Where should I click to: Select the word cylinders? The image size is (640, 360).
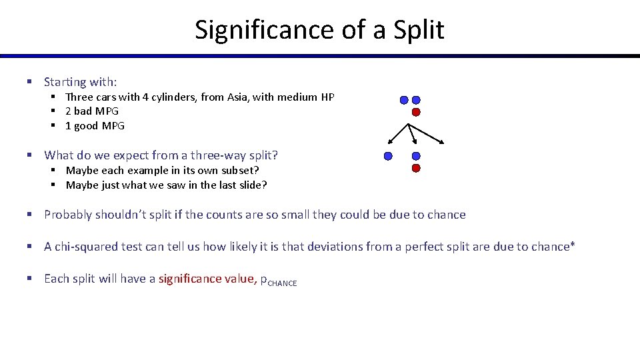pos(153,97)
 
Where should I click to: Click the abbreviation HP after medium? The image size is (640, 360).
pos(327,97)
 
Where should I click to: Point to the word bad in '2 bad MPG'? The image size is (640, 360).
pos(83,111)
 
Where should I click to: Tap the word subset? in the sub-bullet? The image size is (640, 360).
pos(237,170)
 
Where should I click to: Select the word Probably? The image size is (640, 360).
pos(69,215)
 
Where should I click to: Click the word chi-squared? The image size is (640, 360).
pos(86,247)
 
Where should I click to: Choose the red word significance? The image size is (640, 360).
pos(191,279)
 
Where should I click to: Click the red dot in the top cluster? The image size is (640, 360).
pos(416,112)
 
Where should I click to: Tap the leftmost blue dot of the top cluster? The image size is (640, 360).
pos(404,100)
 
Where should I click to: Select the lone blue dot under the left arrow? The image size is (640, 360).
pos(388,156)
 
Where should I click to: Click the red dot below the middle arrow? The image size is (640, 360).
pos(416,169)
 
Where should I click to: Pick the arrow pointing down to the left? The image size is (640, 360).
pos(398,134)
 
